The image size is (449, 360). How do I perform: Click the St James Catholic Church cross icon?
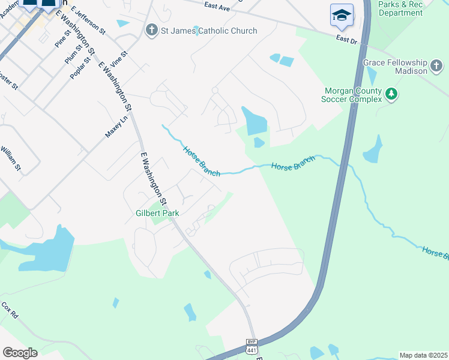pyautogui.click(x=152, y=31)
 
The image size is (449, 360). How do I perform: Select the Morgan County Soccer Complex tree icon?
pyautogui.click(x=391, y=94)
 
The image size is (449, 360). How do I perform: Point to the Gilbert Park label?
pyautogui.click(x=157, y=213)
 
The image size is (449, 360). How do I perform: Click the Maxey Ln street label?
pyautogui.click(x=116, y=127)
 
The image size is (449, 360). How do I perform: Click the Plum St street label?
pyautogui.click(x=73, y=55)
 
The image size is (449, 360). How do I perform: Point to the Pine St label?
pyautogui.click(x=62, y=39)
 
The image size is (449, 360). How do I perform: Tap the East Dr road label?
pyautogui.click(x=346, y=39)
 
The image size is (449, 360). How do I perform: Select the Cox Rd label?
pyautogui.click(x=10, y=310)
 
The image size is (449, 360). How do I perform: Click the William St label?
pyautogui.click(x=11, y=158)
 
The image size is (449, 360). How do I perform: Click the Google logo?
pyautogui.click(x=20, y=353)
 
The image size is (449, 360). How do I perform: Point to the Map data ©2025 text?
pyautogui.click(x=423, y=355)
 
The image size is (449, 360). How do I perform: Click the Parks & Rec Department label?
pyautogui.click(x=401, y=8)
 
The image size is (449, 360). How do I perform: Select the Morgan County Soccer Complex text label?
pyautogui.click(x=353, y=95)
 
